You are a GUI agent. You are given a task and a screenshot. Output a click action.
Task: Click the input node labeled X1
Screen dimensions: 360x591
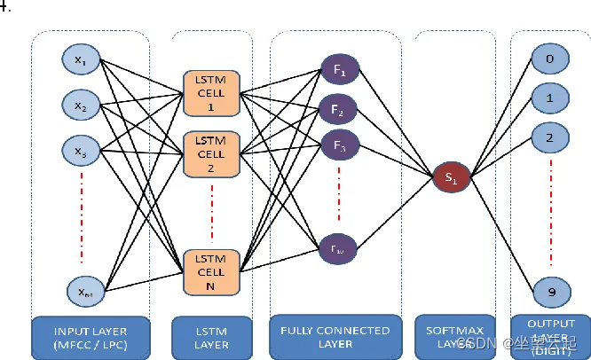coord(82,61)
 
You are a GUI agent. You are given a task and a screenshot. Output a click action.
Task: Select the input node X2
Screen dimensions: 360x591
coord(82,106)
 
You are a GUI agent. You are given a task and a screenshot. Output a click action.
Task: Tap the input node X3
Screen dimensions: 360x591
coord(82,152)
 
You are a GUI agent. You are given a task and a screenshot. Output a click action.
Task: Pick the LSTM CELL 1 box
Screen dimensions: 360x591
coord(210,91)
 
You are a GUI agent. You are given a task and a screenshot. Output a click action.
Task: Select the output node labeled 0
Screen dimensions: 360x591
coord(548,61)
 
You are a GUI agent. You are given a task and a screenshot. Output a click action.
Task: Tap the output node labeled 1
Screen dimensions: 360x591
coord(548,98)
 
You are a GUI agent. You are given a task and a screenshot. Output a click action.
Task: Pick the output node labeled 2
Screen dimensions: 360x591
coord(548,137)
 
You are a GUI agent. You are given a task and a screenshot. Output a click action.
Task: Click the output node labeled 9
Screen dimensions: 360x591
coord(548,290)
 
